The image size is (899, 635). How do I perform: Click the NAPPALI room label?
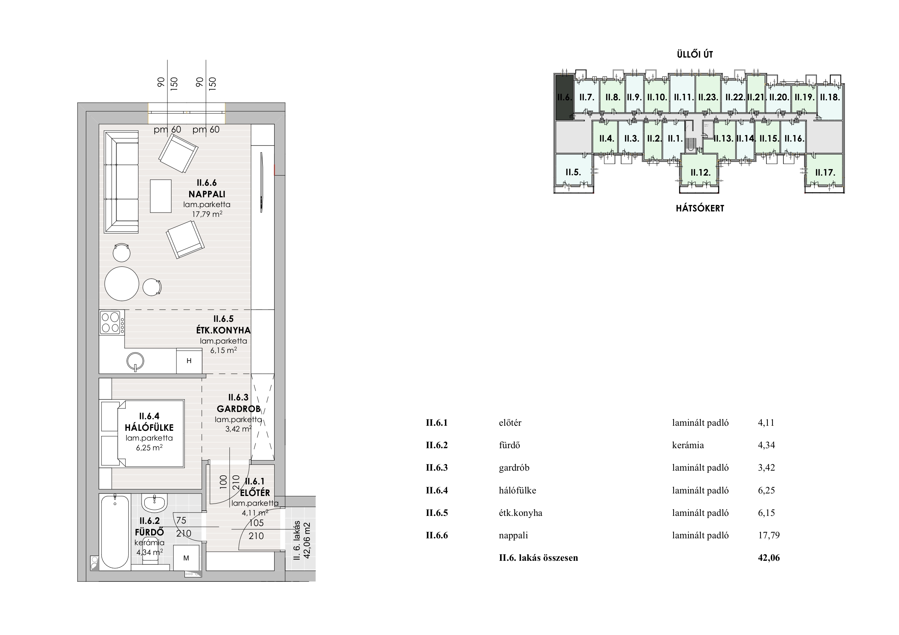click(x=207, y=194)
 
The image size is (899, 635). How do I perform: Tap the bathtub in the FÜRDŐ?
click(x=115, y=532)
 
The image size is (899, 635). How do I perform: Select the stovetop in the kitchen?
click(x=111, y=323)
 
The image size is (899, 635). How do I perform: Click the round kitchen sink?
click(x=136, y=361)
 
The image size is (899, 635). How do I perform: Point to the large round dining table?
click(x=122, y=284)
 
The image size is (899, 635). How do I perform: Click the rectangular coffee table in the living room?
click(x=161, y=196)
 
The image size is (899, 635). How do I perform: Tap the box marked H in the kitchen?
click(x=189, y=361)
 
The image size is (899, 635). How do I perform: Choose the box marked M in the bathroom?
click(x=186, y=558)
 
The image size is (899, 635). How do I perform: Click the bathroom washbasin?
click(x=154, y=503)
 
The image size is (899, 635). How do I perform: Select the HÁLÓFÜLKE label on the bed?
click(x=149, y=428)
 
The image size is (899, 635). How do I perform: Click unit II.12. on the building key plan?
click(x=700, y=172)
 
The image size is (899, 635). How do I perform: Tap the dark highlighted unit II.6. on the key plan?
click(x=564, y=97)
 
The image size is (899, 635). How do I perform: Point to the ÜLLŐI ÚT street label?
click(x=695, y=54)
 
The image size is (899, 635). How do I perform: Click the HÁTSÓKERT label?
click(x=700, y=208)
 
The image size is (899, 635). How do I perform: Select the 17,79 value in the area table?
click(x=769, y=535)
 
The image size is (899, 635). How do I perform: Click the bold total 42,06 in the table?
click(x=769, y=558)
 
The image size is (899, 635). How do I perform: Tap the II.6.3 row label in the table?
click(x=437, y=467)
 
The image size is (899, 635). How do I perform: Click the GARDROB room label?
click(x=238, y=409)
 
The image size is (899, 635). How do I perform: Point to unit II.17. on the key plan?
click(x=825, y=172)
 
